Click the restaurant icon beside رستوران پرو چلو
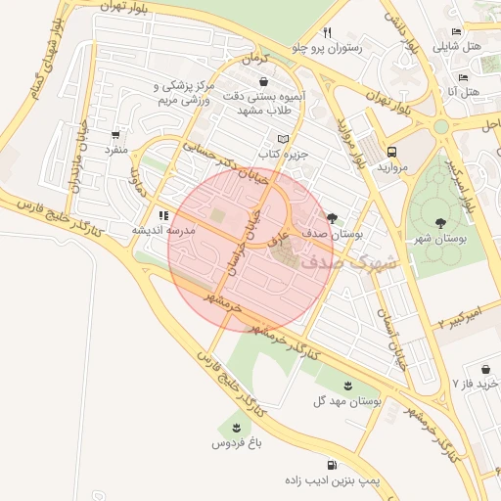click(x=327, y=31)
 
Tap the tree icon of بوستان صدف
click(x=332, y=218)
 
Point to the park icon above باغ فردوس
click(x=235, y=428)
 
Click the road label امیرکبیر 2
click(x=460, y=318)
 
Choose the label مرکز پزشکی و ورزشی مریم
click(x=192, y=94)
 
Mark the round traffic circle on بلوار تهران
click(x=440, y=127)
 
